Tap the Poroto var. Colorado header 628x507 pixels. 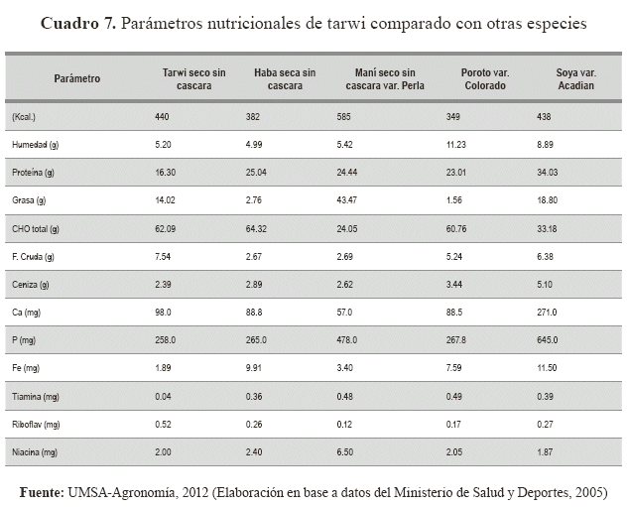click(486, 78)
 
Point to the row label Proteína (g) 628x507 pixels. click(33, 173)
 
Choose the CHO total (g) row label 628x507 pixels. click(36, 228)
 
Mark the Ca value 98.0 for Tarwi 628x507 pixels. click(165, 312)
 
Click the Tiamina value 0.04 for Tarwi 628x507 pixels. click(165, 395)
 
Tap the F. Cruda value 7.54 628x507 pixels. click(165, 256)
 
